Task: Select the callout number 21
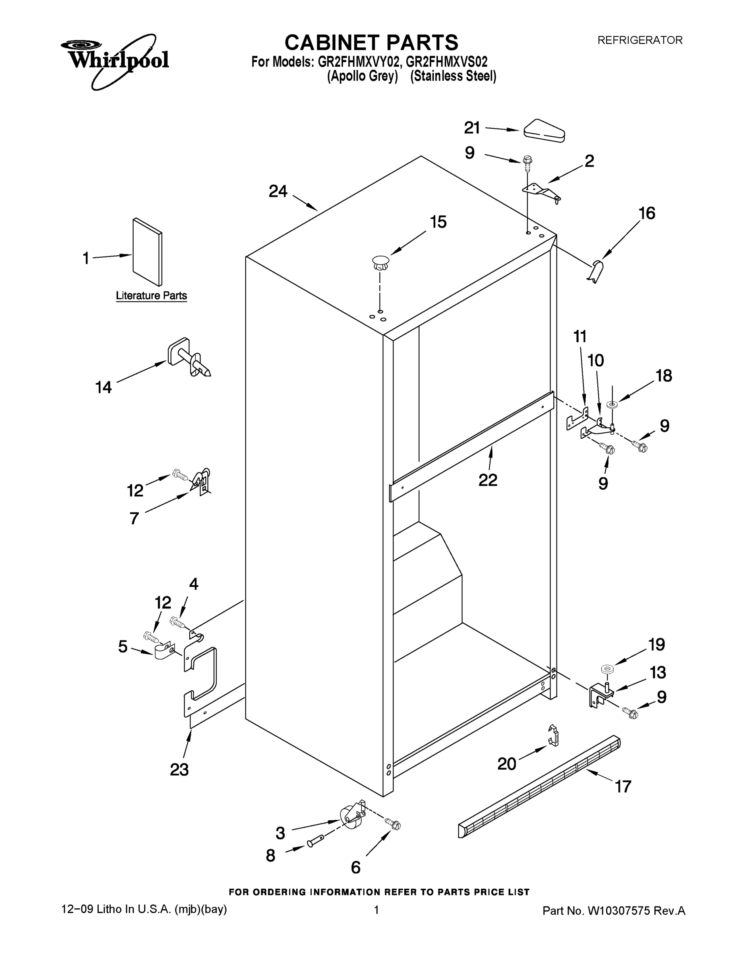click(472, 128)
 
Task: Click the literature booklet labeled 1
click(147, 252)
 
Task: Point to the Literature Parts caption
click(151, 295)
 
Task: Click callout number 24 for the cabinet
click(278, 192)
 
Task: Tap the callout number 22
click(488, 480)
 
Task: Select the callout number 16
click(647, 214)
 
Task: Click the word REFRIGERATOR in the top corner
click(640, 40)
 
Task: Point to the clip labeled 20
click(553, 737)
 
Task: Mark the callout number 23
click(179, 770)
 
